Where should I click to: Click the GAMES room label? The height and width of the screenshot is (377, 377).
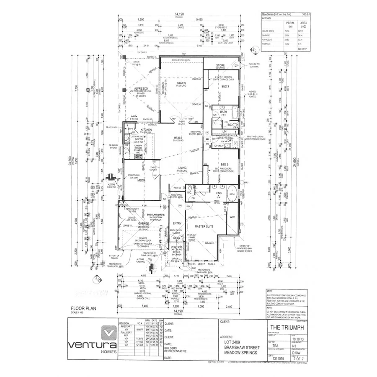181,83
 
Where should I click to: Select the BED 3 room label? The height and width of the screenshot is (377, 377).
225,87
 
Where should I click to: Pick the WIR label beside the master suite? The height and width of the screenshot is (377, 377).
232,217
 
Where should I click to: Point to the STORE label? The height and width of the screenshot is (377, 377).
220,65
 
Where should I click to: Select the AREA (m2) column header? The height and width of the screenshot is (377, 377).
304,24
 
